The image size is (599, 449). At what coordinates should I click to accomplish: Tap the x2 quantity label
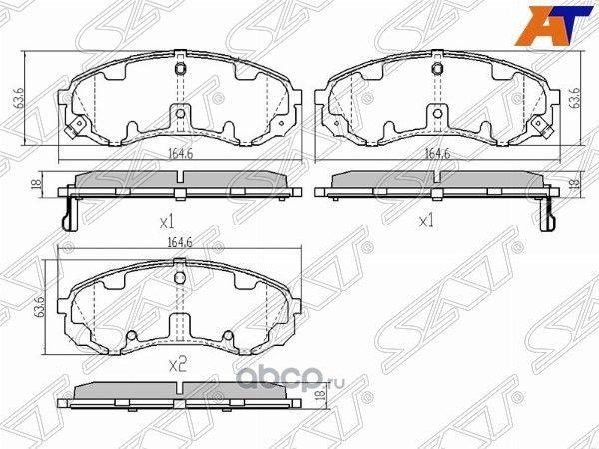pyautogui.click(x=179, y=365)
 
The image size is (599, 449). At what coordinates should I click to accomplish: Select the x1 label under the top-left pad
pyautogui.click(x=168, y=221)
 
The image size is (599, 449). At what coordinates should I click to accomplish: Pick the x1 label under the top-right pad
pyautogui.click(x=426, y=221)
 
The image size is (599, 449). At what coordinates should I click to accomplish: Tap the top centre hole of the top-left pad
pyautogui.click(x=179, y=70)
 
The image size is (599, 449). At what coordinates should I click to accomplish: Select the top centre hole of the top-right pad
pyautogui.click(x=435, y=70)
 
